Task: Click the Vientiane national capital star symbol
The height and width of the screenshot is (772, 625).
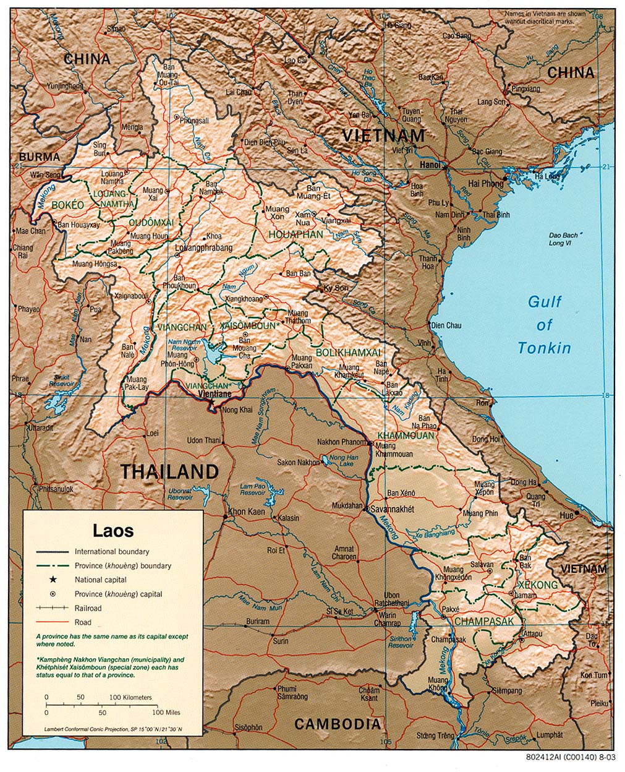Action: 211,402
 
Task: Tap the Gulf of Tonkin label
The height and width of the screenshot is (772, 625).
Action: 544,325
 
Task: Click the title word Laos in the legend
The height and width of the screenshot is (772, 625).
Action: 113,530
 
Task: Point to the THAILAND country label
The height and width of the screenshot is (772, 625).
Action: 169,472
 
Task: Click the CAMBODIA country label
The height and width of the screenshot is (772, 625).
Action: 337,724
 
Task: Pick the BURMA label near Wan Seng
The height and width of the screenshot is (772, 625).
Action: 39,157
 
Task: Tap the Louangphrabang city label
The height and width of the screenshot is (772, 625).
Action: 204,248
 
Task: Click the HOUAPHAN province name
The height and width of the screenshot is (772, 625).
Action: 295,234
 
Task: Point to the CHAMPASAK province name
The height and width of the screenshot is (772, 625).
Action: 483,621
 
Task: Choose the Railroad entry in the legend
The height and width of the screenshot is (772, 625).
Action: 88,608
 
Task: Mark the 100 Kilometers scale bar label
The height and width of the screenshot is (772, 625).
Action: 130,697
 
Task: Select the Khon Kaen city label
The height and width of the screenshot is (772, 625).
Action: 247,512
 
